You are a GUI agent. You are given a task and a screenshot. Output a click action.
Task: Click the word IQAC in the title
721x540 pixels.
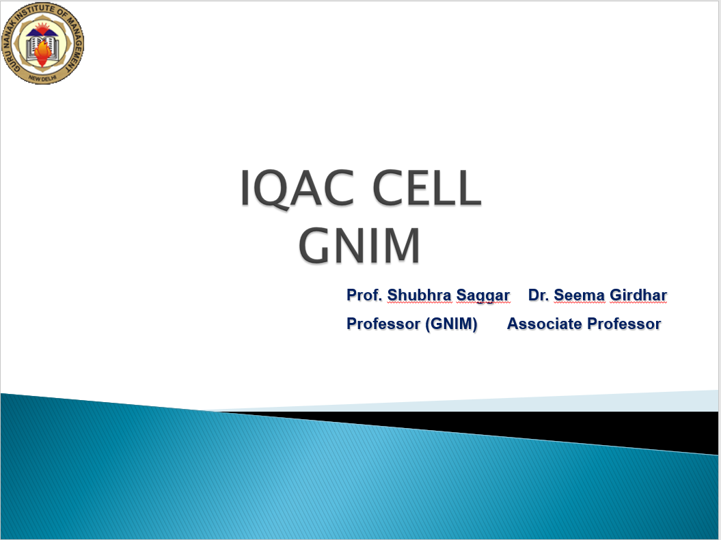pyautogui.click(x=297, y=188)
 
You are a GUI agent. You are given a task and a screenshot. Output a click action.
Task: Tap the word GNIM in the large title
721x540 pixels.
pyautogui.click(x=359, y=245)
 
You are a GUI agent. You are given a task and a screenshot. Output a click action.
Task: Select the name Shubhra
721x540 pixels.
pyautogui.click(x=419, y=295)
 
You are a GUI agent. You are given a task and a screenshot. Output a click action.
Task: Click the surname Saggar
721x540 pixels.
pyautogui.click(x=482, y=296)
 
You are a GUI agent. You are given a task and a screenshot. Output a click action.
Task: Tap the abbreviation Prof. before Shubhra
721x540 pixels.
pyautogui.click(x=364, y=295)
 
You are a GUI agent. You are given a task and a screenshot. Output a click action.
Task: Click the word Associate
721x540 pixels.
pyautogui.click(x=545, y=324)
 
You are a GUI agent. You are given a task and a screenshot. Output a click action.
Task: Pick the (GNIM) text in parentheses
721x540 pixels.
pyautogui.click(x=451, y=324)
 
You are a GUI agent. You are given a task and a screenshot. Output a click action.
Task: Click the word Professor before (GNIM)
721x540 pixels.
pyautogui.click(x=383, y=324)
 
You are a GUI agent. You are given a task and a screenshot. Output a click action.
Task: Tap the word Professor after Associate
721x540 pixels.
pyautogui.click(x=624, y=324)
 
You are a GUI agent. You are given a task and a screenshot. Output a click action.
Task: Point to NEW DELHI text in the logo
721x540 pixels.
pyautogui.click(x=42, y=79)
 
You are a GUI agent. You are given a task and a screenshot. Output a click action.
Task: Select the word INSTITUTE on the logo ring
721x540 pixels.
pyautogui.click(x=35, y=14)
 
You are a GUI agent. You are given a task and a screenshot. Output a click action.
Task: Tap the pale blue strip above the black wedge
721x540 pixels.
pyautogui.click(x=506, y=402)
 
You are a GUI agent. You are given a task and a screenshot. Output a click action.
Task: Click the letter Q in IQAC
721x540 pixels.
pyautogui.click(x=274, y=190)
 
